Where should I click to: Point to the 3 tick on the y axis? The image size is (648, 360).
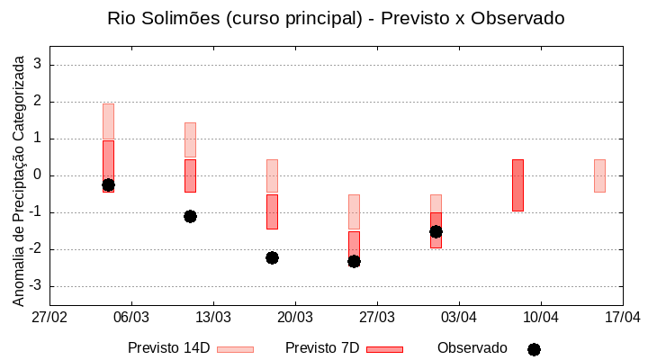tap(39, 65)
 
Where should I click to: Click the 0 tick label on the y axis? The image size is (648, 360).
tap(39, 175)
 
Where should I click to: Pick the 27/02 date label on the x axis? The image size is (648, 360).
tap(49, 317)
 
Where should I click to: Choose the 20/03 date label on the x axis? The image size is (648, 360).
tap(295, 317)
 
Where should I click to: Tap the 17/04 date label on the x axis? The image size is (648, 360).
tap(623, 317)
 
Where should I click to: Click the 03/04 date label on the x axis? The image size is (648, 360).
tap(459, 317)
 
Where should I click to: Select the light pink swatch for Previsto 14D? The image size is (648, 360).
tap(235, 349)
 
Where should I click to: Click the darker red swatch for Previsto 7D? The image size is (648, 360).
tap(384, 349)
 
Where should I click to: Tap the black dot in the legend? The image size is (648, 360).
tap(534, 349)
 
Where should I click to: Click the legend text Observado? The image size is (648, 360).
tap(472, 348)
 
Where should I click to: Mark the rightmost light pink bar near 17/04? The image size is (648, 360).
tap(599, 175)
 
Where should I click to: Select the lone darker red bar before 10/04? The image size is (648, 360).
tap(517, 184)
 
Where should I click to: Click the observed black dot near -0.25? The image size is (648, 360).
tap(108, 184)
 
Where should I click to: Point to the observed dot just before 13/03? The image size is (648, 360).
tap(190, 216)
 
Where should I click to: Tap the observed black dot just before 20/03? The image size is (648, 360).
tap(272, 257)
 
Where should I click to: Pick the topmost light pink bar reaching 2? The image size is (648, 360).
tap(108, 121)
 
